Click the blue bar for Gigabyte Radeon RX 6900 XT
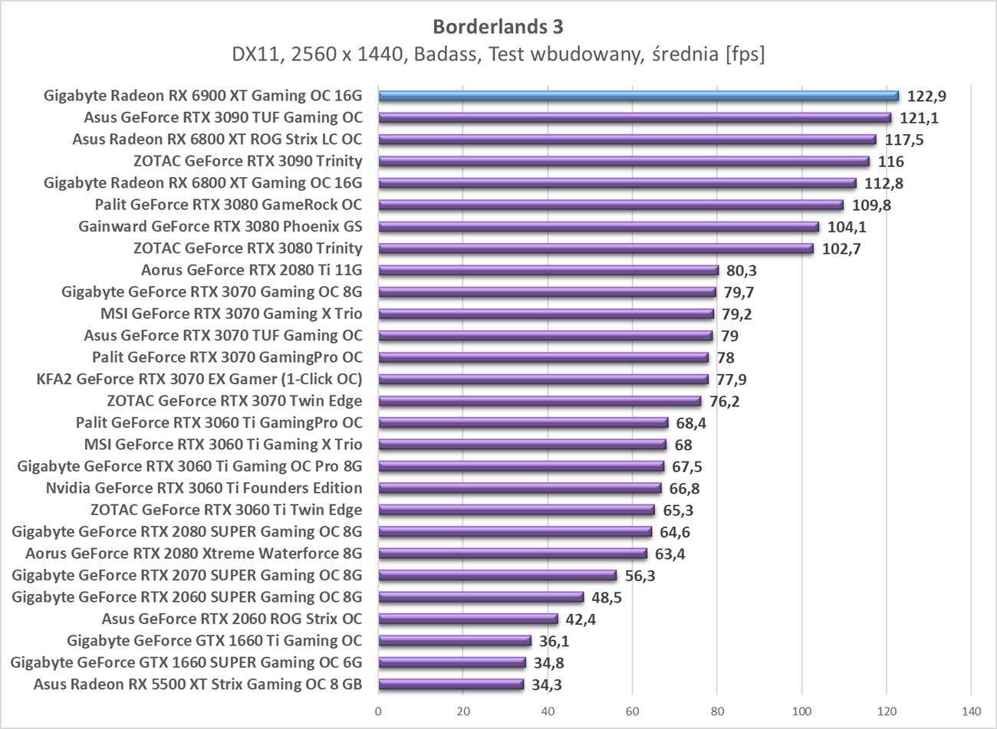tap(638, 96)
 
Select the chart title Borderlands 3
tap(498, 26)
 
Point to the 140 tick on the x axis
tap(971, 711)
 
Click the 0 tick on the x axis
tap(378, 711)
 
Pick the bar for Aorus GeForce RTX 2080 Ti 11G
tap(548, 270)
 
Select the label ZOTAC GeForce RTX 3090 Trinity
tap(247, 161)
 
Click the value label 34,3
tap(546, 685)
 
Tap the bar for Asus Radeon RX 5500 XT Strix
tap(451, 685)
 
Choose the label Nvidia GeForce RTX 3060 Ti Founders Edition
tap(204, 488)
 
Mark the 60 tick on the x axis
tap(633, 711)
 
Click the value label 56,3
tap(639, 576)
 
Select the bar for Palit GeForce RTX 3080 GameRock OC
tap(610, 205)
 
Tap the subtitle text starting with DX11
tap(498, 54)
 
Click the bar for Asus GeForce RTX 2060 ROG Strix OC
tap(468, 619)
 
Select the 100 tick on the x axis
tap(802, 711)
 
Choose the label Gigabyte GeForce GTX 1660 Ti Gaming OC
tap(214, 641)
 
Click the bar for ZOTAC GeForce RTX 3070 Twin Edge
tap(539, 401)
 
